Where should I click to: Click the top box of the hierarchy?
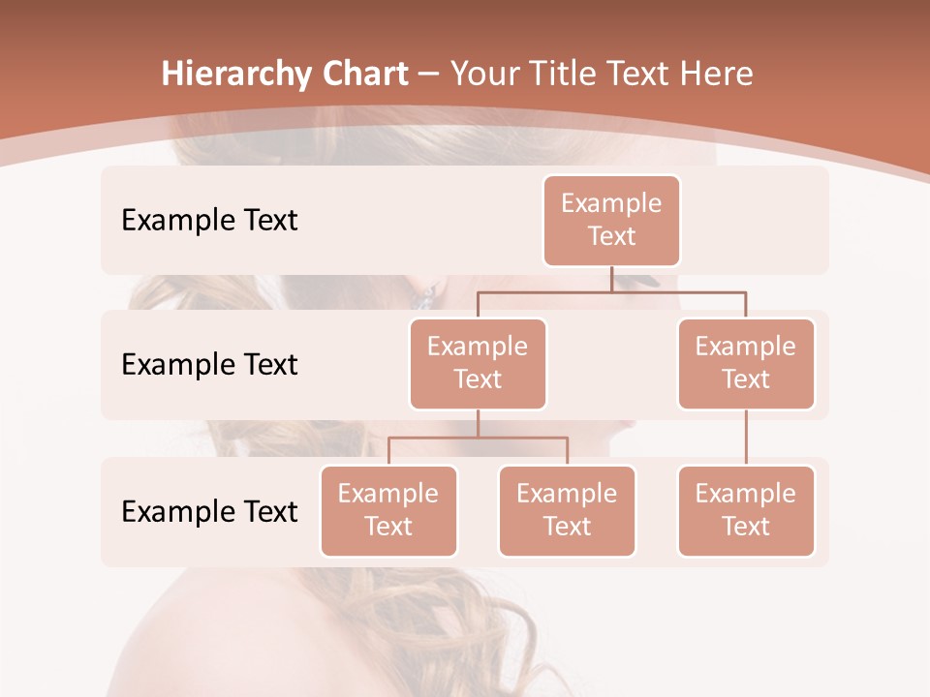611,221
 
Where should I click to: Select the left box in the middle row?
478,364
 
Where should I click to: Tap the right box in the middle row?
746,364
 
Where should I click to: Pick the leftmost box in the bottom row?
388,511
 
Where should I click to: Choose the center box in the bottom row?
567,511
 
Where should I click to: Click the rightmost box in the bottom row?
746,511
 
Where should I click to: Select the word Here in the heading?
717,75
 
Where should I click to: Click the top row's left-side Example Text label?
209,221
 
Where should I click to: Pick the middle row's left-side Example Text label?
209,365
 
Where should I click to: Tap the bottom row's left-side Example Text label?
209,512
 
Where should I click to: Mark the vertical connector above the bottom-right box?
746,438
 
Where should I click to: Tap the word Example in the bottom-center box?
567,495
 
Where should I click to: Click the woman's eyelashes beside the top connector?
643,282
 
